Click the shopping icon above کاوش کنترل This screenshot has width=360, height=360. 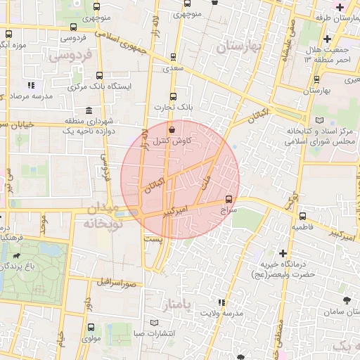point(172,129)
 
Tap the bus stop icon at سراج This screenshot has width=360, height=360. point(229,199)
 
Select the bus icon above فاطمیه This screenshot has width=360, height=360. point(302,216)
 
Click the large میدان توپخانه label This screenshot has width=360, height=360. point(101,217)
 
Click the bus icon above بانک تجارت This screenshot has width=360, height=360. point(174,97)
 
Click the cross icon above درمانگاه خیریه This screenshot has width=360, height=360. point(283,252)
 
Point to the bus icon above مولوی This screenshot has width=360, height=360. point(90,327)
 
